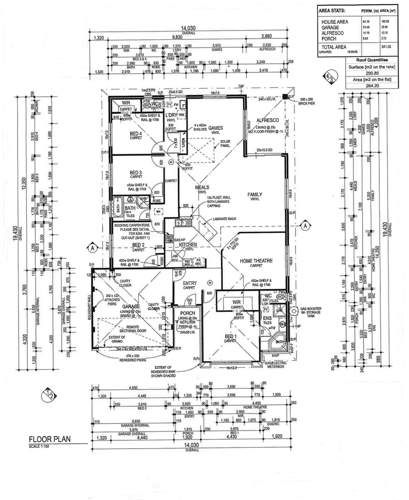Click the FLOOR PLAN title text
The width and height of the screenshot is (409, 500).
coord(50,439)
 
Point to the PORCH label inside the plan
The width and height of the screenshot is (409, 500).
coord(187,314)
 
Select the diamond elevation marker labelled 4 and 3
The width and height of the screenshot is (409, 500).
coord(330,78)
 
